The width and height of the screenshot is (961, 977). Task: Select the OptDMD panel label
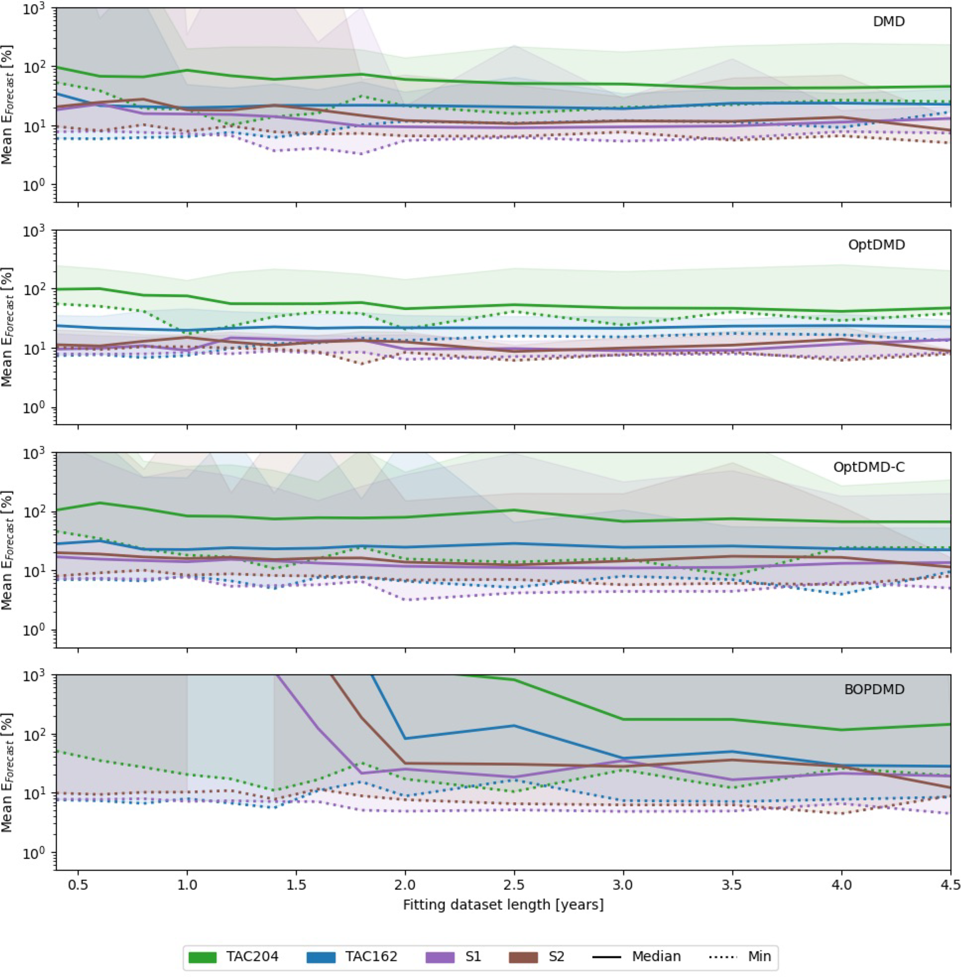[877, 245]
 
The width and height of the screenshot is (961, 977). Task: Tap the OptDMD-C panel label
[868, 467]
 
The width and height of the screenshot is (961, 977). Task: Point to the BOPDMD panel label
[874, 689]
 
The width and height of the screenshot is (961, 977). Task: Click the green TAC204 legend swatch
[202, 957]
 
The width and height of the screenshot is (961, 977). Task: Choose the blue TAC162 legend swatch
[320, 957]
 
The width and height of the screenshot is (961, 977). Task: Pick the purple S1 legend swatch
[440, 957]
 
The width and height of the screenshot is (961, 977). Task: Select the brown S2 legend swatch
[523, 957]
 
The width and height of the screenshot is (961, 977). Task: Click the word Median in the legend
[656, 956]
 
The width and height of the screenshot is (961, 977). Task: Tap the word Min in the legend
[760, 956]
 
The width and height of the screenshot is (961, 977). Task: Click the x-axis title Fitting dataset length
[503, 904]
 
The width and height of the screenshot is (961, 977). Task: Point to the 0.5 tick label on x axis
[78, 885]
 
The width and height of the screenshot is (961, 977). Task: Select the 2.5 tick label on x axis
[514, 885]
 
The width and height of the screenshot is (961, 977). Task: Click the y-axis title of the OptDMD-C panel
[7, 549]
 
